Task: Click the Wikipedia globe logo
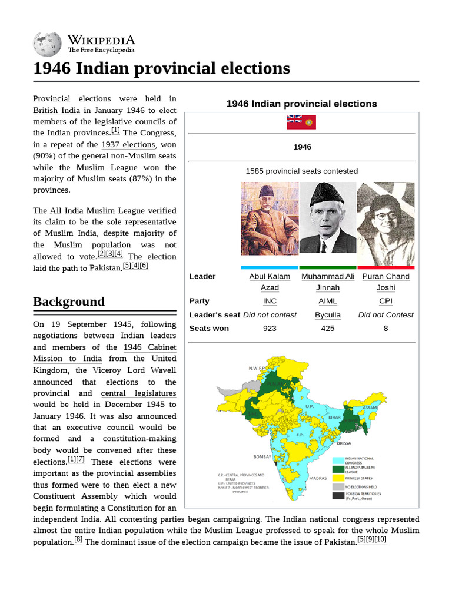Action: (47, 44)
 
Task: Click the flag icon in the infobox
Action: (301, 122)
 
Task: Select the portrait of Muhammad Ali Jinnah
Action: (328, 218)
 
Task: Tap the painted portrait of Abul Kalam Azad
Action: (270, 218)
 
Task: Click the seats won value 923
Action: (270, 328)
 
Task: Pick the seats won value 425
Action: (328, 328)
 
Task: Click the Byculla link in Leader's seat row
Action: (328, 314)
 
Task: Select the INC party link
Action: (270, 301)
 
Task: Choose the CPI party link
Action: (385, 301)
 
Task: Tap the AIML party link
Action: (328, 301)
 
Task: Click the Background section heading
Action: (69, 301)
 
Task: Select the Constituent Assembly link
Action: (75, 496)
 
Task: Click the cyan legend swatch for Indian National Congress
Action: (338, 460)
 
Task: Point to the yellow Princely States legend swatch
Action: (338, 478)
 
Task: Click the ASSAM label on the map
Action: (370, 407)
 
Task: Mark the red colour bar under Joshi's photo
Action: (385, 267)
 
